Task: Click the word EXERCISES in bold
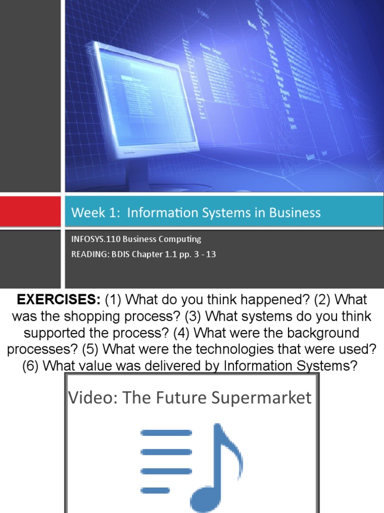[x=59, y=301]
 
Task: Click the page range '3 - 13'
[x=204, y=254]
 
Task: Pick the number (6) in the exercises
[x=31, y=366]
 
